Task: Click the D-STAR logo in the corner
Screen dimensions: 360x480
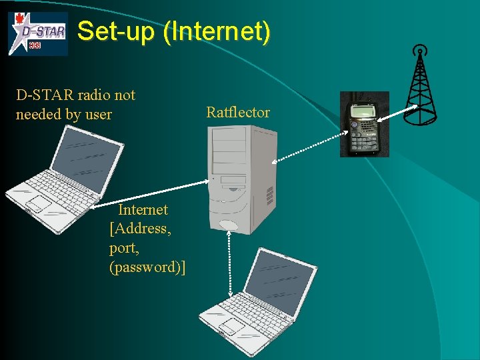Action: pos(38,33)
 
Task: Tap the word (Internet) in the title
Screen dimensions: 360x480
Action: pos(219,31)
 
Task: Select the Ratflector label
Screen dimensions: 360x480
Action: pos(238,112)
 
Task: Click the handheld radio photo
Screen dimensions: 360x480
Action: pos(364,124)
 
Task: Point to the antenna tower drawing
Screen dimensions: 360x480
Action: pos(420,90)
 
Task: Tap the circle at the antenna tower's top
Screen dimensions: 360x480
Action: pos(419,50)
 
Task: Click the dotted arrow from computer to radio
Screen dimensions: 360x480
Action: pos(306,149)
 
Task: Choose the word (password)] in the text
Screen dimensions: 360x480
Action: pos(147,267)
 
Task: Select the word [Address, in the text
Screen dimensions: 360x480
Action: pos(140,229)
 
